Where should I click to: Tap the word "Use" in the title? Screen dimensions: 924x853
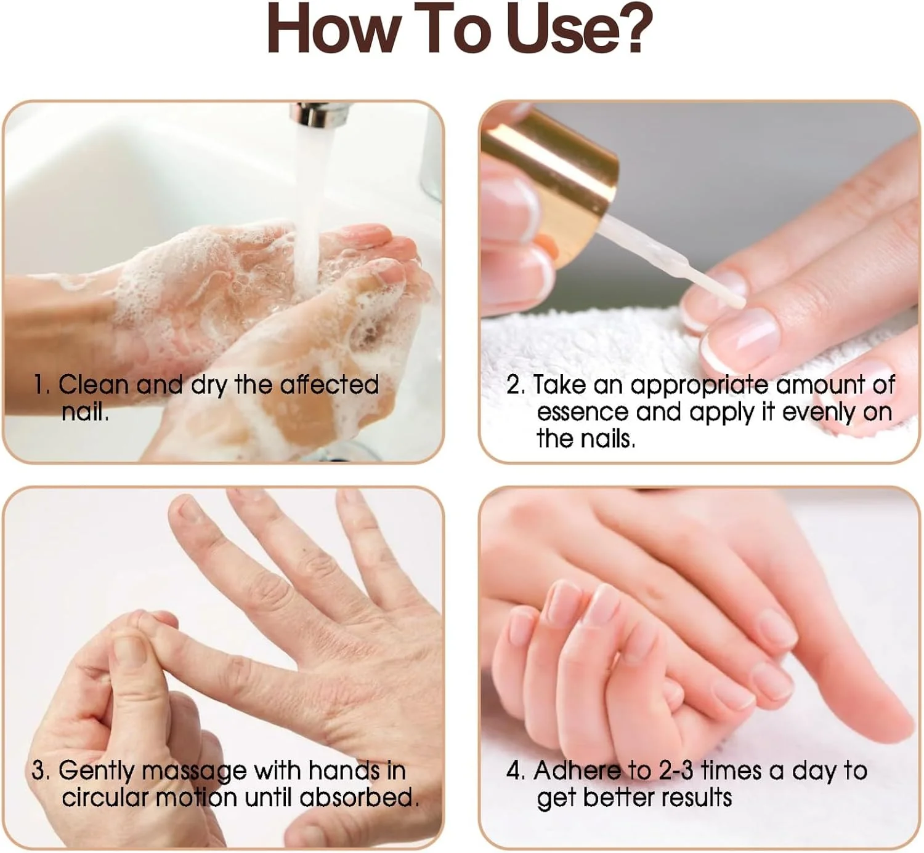tap(553, 29)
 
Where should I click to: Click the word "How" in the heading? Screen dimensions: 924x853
tap(333, 29)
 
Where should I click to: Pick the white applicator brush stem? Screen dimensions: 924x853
tap(672, 261)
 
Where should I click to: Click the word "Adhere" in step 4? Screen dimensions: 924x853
tap(578, 771)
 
